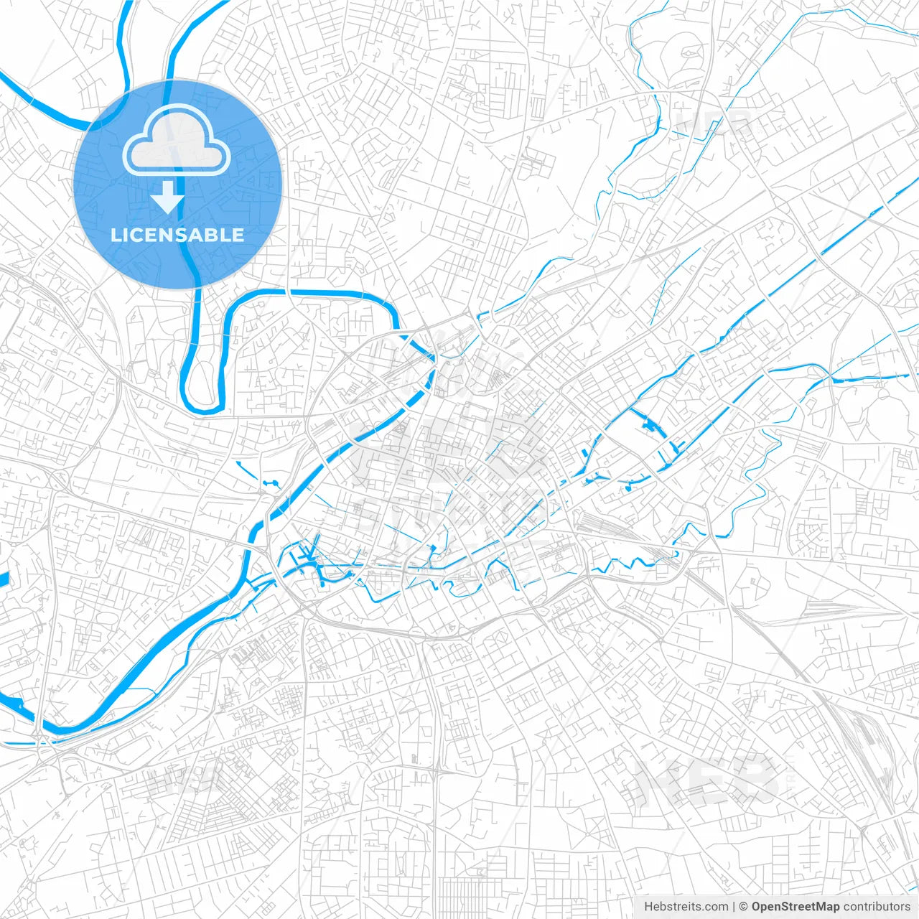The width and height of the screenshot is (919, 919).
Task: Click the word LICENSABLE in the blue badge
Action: tap(177, 235)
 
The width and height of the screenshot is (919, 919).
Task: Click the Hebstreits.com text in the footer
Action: tap(686, 907)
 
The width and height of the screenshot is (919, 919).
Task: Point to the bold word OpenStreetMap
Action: tap(796, 907)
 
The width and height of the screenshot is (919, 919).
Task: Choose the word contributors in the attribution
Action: tap(877, 907)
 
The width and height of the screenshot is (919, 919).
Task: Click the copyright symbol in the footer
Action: tap(744, 907)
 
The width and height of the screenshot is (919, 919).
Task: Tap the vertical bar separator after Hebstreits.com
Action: tap(734, 907)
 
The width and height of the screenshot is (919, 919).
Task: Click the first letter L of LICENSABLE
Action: tap(116, 235)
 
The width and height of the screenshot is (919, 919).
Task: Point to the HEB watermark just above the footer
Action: tap(707, 779)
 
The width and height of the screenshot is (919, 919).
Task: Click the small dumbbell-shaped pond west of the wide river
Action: tap(271, 484)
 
